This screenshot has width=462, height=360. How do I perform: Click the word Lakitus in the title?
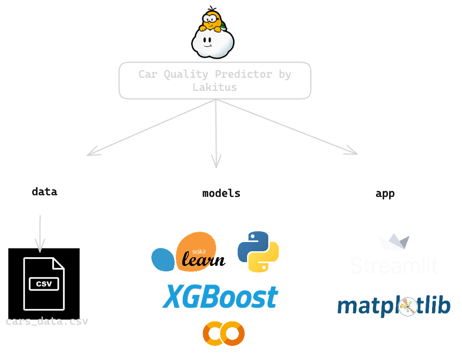pyautogui.click(x=215, y=87)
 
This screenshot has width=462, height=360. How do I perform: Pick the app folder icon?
pyautogui.click(x=385, y=193)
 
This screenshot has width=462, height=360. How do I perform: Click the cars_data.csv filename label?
pyautogui.click(x=47, y=321)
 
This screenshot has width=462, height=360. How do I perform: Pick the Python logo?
pyautogui.click(x=258, y=251)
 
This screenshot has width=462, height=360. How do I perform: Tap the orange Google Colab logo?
pyautogui.click(x=223, y=333)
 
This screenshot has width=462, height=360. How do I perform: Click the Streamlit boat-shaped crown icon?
pyautogui.click(x=394, y=243)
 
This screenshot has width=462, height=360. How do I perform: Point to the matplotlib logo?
pyautogui.click(x=393, y=307)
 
